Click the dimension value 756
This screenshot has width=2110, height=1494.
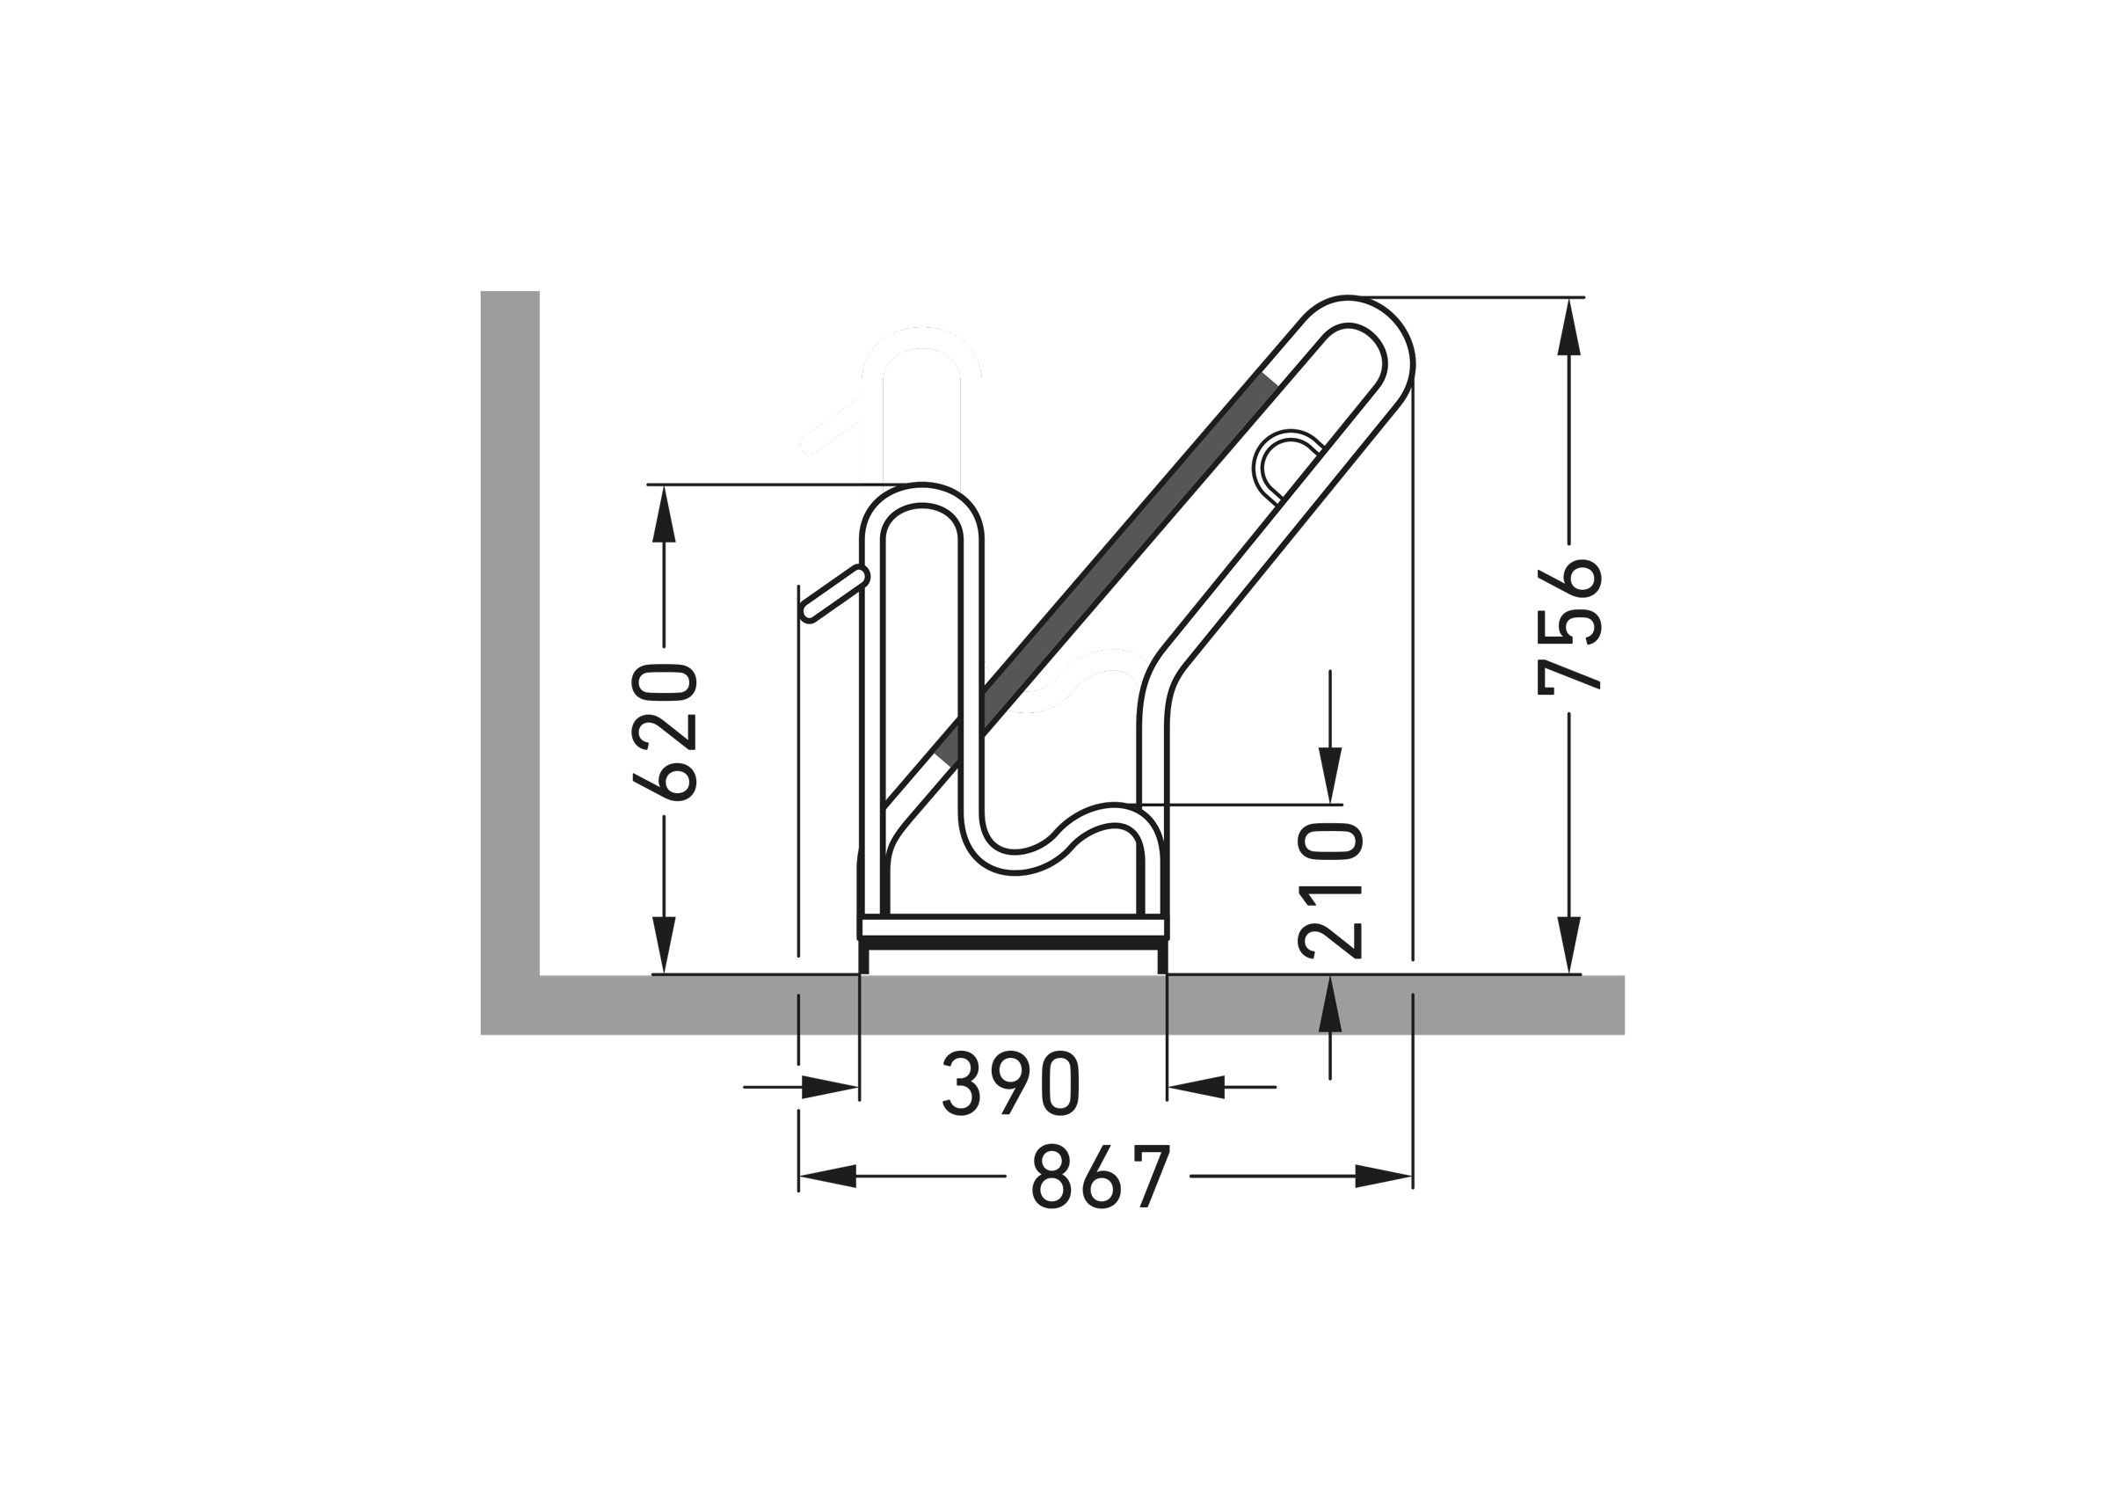1570,625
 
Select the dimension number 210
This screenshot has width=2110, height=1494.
1330,890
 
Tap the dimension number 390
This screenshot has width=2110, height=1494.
1011,1083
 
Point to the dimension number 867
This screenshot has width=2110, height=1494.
1100,1176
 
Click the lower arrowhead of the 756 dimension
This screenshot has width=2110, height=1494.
1569,945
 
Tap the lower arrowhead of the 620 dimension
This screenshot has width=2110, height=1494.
664,945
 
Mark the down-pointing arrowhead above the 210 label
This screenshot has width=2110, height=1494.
1330,774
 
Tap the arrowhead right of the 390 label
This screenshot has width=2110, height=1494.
1197,1087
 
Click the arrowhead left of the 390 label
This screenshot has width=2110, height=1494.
830,1087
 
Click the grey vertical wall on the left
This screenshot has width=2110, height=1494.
510,625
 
